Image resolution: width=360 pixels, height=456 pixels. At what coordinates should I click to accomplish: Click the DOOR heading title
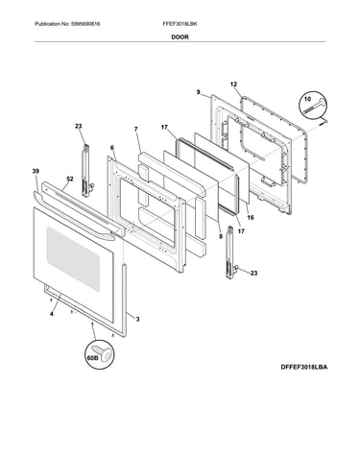point(180,37)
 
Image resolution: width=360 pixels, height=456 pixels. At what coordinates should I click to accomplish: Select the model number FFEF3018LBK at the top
point(180,24)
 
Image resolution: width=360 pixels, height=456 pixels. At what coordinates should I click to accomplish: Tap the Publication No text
point(67,24)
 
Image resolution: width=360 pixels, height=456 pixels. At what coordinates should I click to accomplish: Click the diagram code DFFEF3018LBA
point(304,367)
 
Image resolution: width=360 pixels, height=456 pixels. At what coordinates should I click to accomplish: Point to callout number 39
point(36,172)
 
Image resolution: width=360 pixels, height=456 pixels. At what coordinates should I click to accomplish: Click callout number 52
point(70,180)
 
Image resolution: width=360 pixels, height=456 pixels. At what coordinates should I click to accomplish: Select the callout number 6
point(112,148)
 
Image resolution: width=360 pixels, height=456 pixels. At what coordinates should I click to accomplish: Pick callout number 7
point(136,129)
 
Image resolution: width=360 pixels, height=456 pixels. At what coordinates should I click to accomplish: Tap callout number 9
point(199,92)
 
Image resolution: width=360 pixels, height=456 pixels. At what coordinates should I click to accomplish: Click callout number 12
point(233,84)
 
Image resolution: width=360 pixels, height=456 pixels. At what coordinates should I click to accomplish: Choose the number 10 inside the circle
point(307,99)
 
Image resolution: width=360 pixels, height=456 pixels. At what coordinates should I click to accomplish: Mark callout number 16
point(251,218)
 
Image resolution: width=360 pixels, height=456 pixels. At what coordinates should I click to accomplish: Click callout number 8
point(221,237)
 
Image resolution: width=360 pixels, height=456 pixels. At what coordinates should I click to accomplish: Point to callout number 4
point(52,314)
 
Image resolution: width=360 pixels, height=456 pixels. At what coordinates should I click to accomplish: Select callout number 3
point(137,319)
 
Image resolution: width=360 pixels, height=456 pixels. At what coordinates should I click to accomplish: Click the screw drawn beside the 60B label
point(104,353)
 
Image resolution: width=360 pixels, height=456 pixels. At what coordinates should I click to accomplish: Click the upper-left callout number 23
point(79,127)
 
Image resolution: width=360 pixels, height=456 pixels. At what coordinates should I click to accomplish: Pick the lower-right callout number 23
point(253,274)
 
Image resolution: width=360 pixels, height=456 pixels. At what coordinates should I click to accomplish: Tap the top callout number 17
point(164,128)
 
